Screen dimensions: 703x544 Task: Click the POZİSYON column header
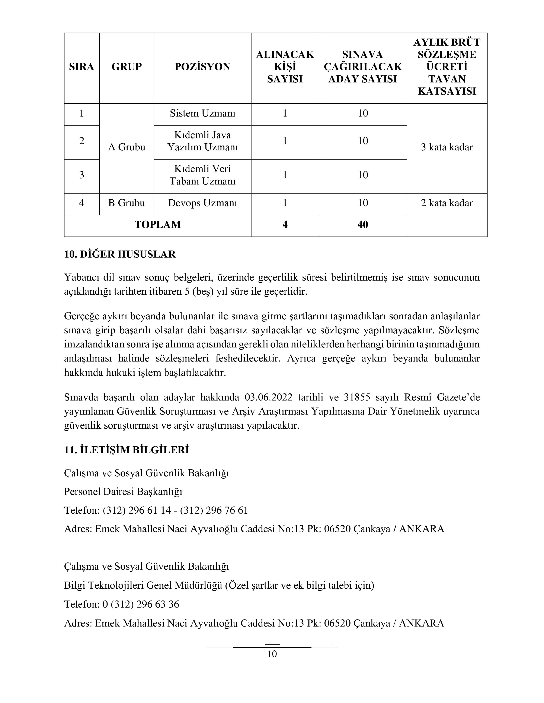[202, 67]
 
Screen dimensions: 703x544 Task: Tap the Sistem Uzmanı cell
[202, 113]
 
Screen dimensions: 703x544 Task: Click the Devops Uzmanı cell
[202, 203]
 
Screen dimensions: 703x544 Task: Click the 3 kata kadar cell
[447, 147]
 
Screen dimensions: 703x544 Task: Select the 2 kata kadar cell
[447, 203]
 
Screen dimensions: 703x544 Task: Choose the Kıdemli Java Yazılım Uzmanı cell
[202, 141]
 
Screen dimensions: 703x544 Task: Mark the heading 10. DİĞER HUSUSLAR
[120, 254]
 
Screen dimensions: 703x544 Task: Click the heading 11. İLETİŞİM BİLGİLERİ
[126, 450]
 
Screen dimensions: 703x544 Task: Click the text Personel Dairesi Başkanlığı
[123, 492]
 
